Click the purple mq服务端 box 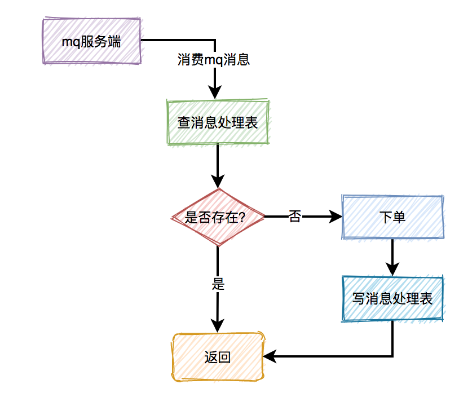91,41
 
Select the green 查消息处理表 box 218,122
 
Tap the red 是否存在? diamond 218,217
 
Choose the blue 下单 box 392,217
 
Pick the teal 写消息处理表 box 392,298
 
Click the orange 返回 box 218,357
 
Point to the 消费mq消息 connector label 214,60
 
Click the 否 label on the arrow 295,217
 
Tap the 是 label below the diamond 218,284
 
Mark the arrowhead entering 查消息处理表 214,94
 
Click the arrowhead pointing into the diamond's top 218,182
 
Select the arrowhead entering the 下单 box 337,217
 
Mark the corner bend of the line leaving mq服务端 214,40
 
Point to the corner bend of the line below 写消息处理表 392,356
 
